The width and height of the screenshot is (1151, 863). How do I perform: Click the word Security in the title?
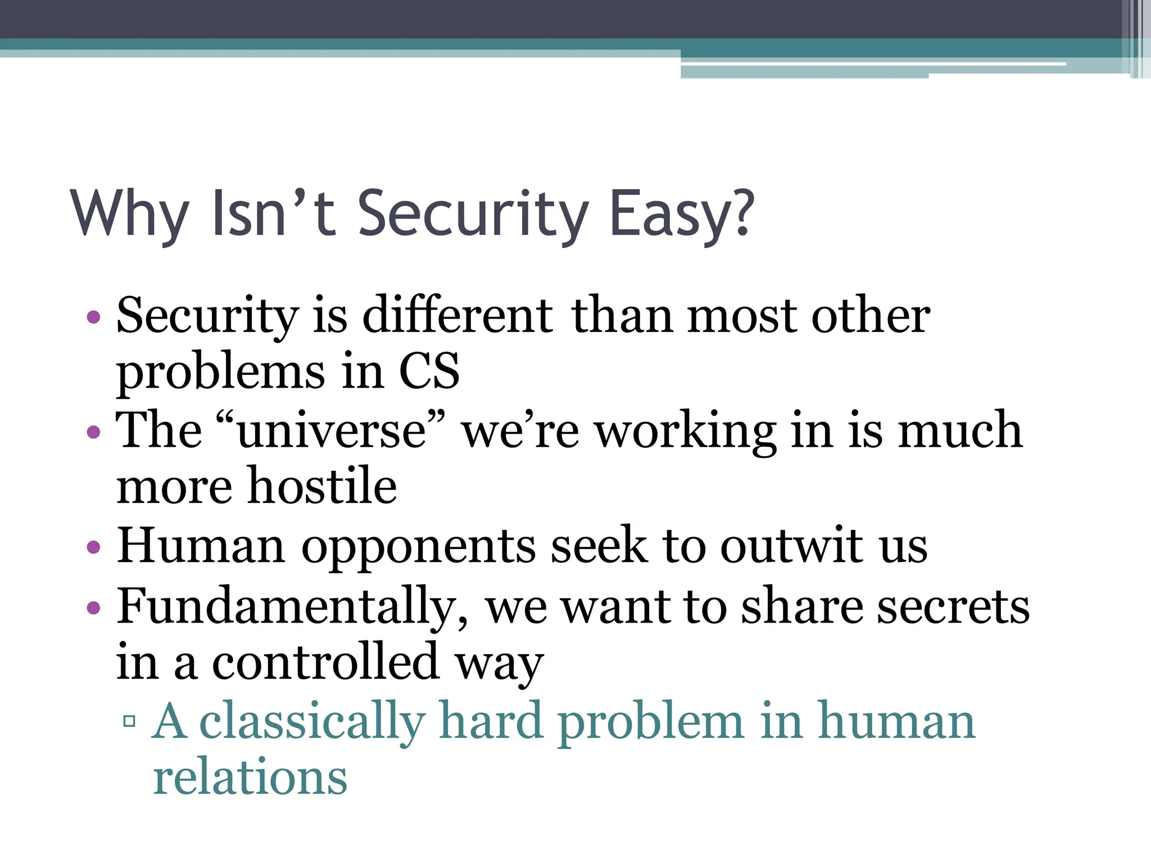click(472, 215)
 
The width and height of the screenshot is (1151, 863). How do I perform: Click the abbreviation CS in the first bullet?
click(429, 372)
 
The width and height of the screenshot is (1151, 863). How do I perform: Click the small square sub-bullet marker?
click(129, 721)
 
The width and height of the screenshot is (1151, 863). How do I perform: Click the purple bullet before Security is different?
click(94, 317)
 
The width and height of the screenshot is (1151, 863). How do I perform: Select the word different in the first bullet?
click(458, 316)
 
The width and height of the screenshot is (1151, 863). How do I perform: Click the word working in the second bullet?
click(686, 431)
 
